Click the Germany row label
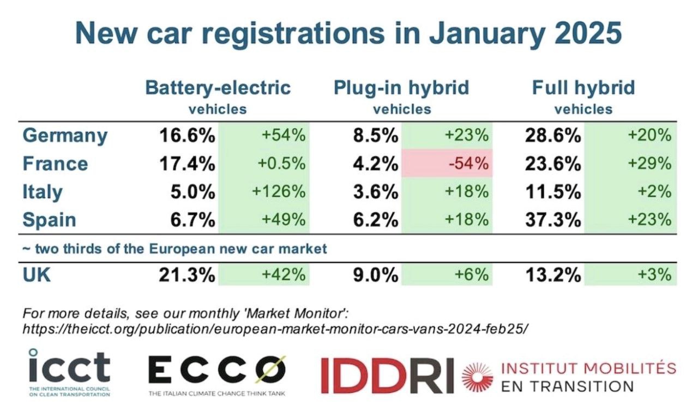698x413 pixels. [x=65, y=136]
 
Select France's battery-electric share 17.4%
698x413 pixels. [x=187, y=164]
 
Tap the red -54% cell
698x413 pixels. [x=447, y=163]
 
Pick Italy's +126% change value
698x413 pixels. [x=279, y=191]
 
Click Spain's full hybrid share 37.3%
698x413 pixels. [x=553, y=219]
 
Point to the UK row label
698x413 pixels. [x=37, y=275]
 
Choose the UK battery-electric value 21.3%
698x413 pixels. [x=187, y=275]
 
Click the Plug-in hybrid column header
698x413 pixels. [x=401, y=88]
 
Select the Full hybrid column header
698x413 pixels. [x=583, y=88]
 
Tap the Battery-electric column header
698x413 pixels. [x=218, y=88]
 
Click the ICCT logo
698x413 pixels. [x=69, y=373]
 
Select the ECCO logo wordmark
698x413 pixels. [x=217, y=370]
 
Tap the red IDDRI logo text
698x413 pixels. [x=387, y=375]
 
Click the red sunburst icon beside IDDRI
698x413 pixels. [x=478, y=377]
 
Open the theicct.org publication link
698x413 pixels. [x=275, y=329]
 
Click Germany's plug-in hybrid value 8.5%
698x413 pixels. [x=376, y=136]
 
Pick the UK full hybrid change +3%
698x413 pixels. [x=655, y=274]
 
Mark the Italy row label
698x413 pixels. [x=43, y=191]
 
